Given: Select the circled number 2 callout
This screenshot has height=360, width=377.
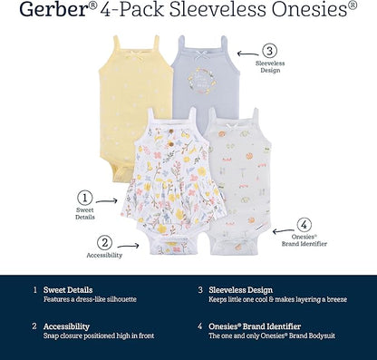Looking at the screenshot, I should coord(106,242).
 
